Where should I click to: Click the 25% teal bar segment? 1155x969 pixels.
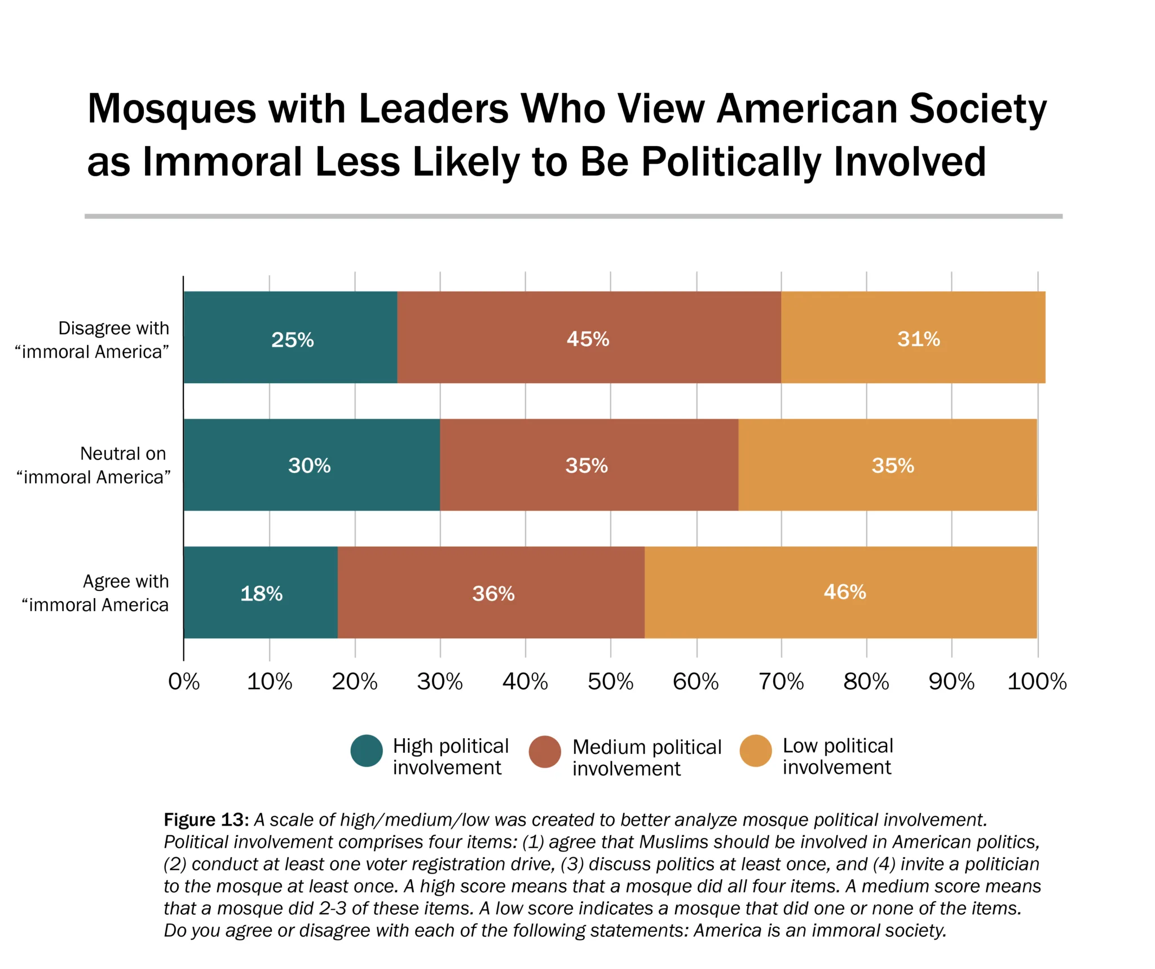(x=290, y=337)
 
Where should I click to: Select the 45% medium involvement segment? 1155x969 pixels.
(x=589, y=337)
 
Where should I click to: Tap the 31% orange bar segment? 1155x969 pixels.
(x=912, y=337)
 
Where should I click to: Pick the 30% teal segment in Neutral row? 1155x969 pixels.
(x=311, y=464)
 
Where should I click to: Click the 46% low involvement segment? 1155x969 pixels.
(x=840, y=592)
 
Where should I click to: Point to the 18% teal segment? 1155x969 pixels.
(x=261, y=592)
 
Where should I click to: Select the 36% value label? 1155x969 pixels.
(x=493, y=593)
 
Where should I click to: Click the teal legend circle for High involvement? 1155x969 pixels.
(x=367, y=750)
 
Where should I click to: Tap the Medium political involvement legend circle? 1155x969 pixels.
(x=545, y=751)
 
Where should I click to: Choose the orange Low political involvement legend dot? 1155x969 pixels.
(x=755, y=750)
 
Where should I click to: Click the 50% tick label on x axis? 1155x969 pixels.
(x=610, y=682)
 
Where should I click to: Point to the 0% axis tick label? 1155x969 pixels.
(x=184, y=682)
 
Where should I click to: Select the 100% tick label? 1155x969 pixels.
(x=1037, y=682)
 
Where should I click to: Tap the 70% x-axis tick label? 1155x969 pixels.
(x=781, y=682)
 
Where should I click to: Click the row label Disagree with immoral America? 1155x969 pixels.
(x=92, y=340)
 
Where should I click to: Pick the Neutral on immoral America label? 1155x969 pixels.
(x=94, y=465)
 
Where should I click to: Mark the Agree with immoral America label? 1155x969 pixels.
(x=95, y=593)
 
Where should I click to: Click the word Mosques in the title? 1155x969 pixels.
(x=171, y=108)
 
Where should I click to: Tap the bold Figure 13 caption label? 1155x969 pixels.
(x=206, y=819)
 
